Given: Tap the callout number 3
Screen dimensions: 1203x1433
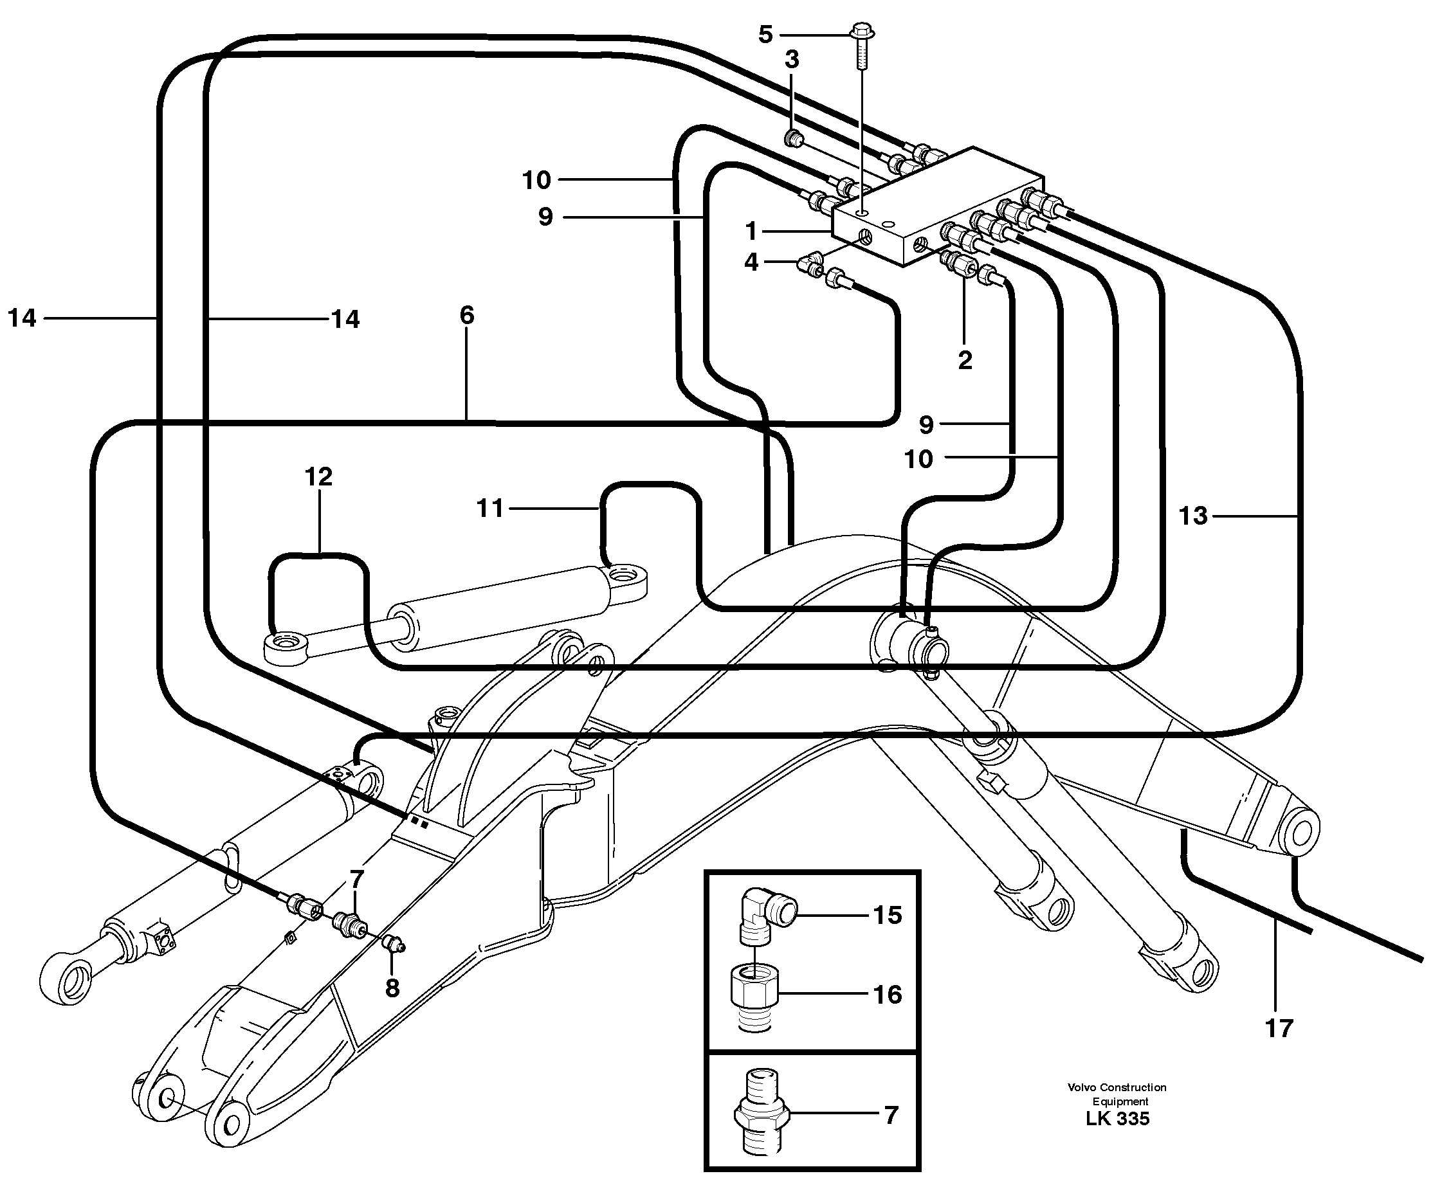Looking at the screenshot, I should pyautogui.click(x=792, y=60).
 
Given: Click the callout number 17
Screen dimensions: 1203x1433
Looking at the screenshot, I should pyautogui.click(x=1279, y=1028).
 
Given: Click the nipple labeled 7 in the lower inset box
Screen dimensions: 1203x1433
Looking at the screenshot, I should pyautogui.click(x=762, y=1116).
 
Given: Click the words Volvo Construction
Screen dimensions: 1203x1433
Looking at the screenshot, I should pyautogui.click(x=1117, y=1087).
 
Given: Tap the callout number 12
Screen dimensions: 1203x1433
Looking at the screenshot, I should pyautogui.click(x=318, y=476).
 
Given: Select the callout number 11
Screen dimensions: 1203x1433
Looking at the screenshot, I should pyautogui.click(x=490, y=508).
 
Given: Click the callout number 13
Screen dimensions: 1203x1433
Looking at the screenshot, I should pyautogui.click(x=1193, y=516).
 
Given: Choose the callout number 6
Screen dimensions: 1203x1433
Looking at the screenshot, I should pyautogui.click(x=467, y=315).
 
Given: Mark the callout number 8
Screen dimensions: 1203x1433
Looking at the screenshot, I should pyautogui.click(x=392, y=988).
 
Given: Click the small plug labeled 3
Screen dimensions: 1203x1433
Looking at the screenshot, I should pyautogui.click(x=794, y=140).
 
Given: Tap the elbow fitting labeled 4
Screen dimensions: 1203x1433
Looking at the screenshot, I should pyautogui.click(x=807, y=263).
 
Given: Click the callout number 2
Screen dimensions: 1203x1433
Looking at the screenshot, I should pyautogui.click(x=965, y=360).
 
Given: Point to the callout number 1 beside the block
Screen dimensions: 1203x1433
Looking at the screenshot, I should pyautogui.click(x=751, y=231).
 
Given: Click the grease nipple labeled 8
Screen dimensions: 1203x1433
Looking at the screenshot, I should pyautogui.click(x=394, y=945).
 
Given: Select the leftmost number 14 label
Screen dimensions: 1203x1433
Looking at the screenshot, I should pyautogui.click(x=22, y=318).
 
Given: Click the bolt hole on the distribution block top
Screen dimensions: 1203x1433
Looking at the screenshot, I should pyautogui.click(x=864, y=214).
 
